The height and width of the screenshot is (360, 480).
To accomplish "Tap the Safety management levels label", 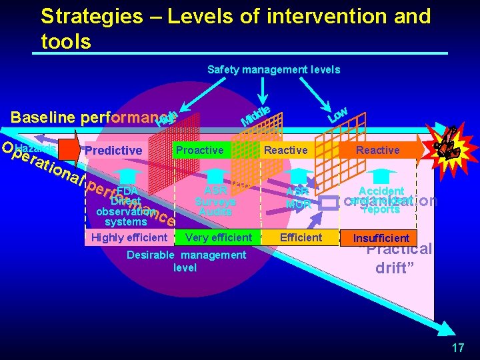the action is point(273,69).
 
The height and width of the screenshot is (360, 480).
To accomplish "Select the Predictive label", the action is point(113,151).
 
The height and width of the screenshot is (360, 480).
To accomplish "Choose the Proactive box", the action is point(199,150).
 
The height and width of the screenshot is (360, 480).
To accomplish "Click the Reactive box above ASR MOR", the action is point(286,150).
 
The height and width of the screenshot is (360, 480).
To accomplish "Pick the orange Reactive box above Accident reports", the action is point(377,150).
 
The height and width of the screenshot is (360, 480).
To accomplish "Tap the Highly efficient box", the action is point(129,237).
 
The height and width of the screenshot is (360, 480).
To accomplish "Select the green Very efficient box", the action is point(219,237).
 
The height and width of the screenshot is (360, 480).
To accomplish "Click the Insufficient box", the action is point(381,238).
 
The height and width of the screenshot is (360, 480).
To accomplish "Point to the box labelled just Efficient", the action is point(301,237).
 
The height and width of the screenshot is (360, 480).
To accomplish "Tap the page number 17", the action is point(457,347).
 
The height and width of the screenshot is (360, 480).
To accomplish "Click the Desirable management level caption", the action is point(186,261).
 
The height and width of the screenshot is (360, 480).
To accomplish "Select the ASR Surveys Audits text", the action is point(216,201).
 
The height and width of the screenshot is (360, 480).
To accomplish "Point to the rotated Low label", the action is point(337,115).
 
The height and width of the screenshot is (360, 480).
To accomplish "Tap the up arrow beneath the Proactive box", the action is point(215,175).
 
